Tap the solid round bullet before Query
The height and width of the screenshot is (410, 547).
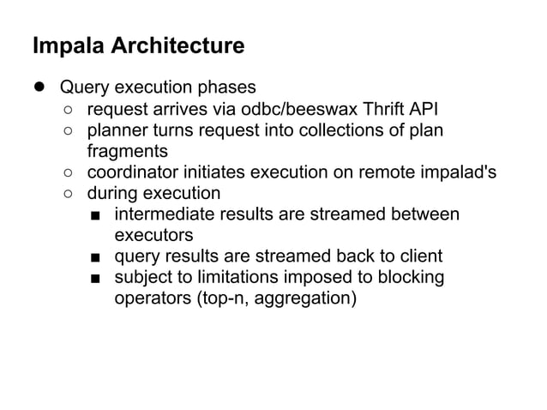(x=39, y=87)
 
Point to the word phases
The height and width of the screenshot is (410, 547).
(x=226, y=87)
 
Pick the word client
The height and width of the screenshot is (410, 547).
(x=420, y=256)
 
